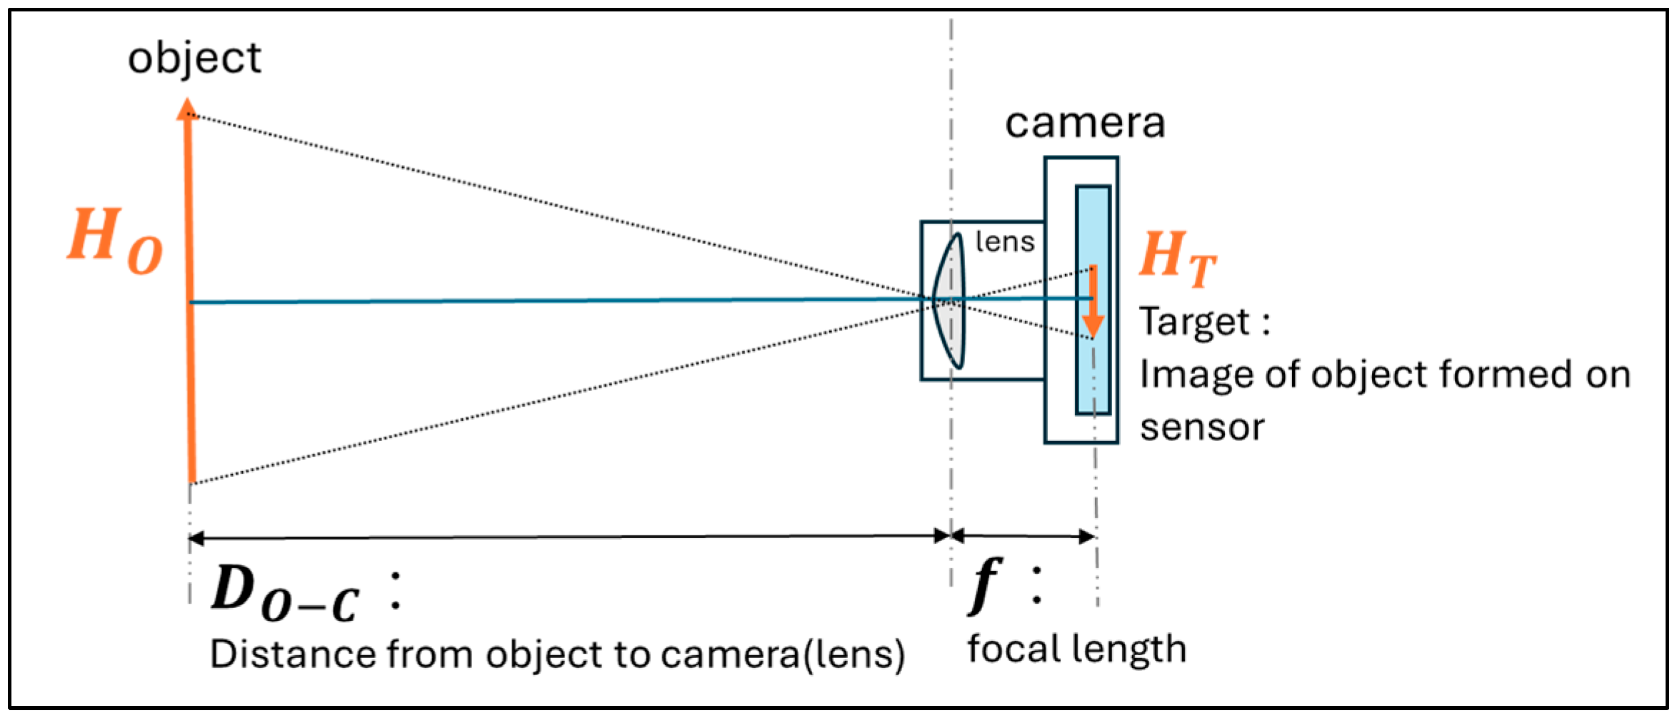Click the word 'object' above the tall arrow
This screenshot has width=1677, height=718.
194,59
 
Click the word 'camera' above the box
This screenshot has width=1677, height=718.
1084,123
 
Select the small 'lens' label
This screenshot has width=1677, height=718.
1005,242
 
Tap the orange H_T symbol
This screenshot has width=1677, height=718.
1177,258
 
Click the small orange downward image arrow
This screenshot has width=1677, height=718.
1093,303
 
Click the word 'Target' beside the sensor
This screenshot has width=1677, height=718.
1194,322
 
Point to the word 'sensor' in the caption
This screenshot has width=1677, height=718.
1202,427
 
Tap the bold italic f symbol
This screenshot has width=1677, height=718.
986,585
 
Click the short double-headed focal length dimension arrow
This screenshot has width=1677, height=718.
1023,535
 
